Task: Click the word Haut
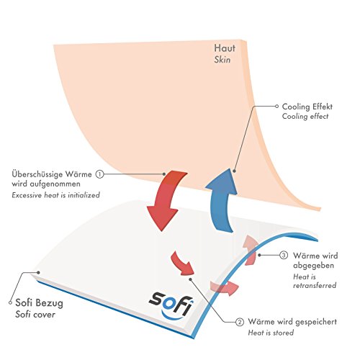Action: pos(225,48)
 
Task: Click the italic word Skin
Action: pos(222,60)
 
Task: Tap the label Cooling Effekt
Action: pos(307,107)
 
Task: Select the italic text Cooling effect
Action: pos(305,117)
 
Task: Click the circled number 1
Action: pos(99,174)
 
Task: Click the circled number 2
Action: pos(240,322)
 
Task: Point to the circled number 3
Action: pos(284,255)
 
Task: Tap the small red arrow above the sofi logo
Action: pos(182,264)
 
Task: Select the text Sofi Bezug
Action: pos(39,303)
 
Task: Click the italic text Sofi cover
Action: pos(35,315)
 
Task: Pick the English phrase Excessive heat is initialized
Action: pos(55,195)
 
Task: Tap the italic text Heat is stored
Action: pos(271,333)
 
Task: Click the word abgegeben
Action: pos(313,266)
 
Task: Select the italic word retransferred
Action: pos(315,286)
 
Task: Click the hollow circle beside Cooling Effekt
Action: pos(276,106)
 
